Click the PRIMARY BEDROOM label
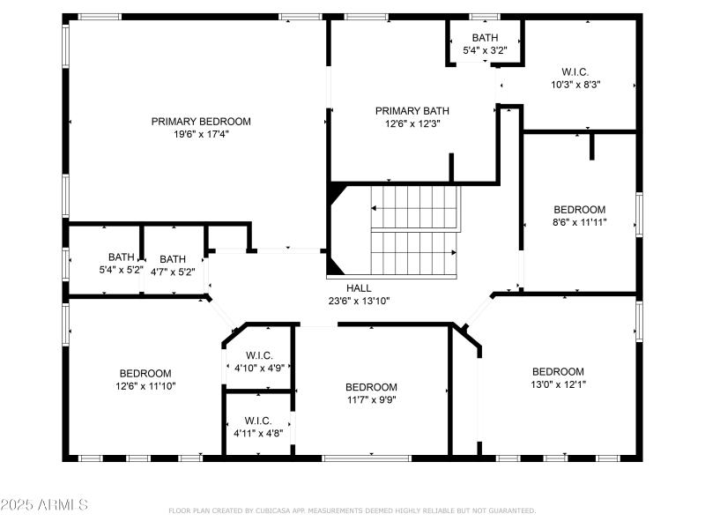pos(201,122)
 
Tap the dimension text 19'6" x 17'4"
pos(201,135)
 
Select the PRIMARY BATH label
pos(412,111)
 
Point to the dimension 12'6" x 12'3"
pos(412,124)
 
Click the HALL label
pos(359,288)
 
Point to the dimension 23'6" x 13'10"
pos(359,301)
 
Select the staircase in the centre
pos(414,231)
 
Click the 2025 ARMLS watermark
pos(44,505)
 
